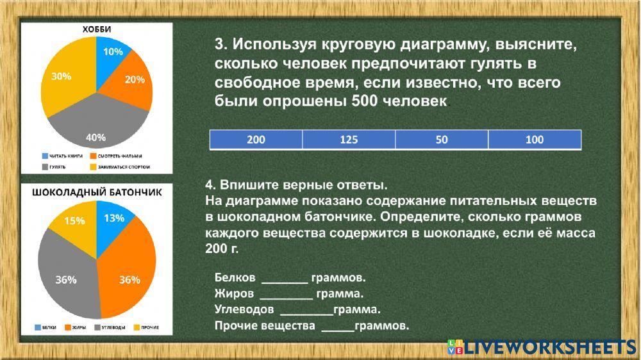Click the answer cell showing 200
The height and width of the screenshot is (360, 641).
[256, 140]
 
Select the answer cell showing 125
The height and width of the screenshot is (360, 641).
[349, 140]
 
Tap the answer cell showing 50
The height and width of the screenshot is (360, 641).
[442, 140]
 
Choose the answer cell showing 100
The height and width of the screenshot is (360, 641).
[535, 140]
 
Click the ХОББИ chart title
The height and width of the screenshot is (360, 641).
[96, 29]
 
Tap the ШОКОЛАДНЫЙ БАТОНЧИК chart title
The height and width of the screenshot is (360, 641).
[96, 192]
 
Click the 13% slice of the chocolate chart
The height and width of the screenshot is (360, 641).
[113, 219]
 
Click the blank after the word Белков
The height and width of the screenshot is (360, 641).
[285, 279]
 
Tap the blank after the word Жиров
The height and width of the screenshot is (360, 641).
[286, 295]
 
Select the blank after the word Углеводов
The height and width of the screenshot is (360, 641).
[306, 311]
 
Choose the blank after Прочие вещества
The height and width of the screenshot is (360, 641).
[337, 327]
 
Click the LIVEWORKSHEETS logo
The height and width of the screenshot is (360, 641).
[542, 347]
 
